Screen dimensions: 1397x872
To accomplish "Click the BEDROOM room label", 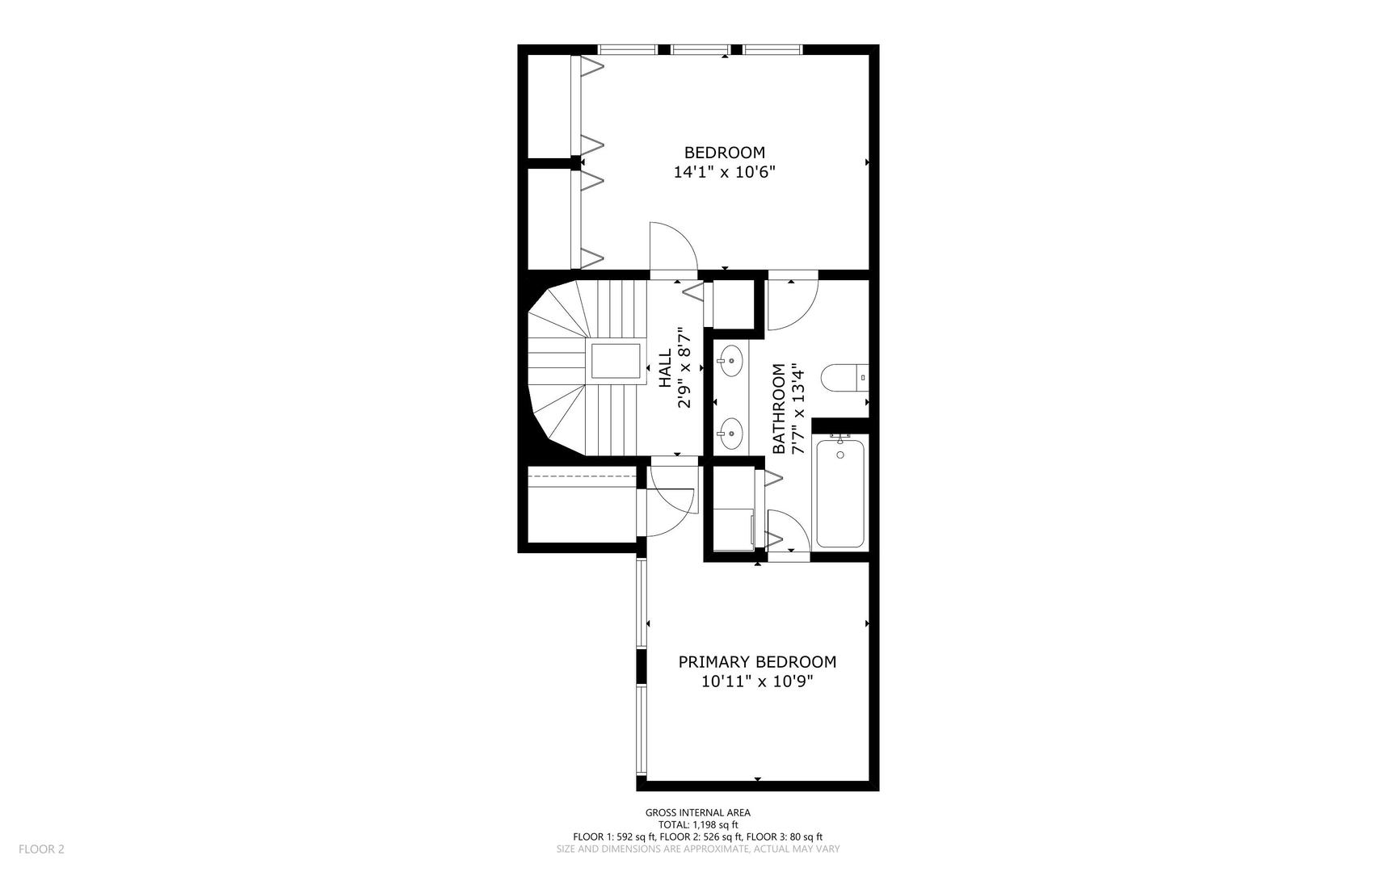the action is coord(724,153).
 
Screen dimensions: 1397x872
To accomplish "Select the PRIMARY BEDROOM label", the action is coord(757,662).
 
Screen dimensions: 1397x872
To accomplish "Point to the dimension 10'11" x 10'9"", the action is coord(757,681).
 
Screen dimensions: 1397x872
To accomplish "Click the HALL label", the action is coord(665,367).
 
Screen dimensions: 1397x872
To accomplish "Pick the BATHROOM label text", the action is coord(779,409).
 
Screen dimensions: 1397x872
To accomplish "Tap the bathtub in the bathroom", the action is coord(840,492).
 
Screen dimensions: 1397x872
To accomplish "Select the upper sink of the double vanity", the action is coord(731,361).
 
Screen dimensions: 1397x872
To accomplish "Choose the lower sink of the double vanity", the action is coord(731,434).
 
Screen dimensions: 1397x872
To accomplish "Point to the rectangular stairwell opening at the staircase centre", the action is coord(616,361).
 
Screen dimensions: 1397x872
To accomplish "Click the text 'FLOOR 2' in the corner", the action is coord(41,849).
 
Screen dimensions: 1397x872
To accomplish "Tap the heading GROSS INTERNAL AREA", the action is coord(698,813).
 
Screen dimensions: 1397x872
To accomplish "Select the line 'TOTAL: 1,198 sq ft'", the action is coord(698,825).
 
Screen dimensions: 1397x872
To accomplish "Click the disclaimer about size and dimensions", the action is coord(698,849).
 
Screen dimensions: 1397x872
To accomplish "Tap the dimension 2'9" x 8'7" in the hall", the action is coord(684,367).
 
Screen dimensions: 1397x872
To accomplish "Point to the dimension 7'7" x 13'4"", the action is coord(798,409).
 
